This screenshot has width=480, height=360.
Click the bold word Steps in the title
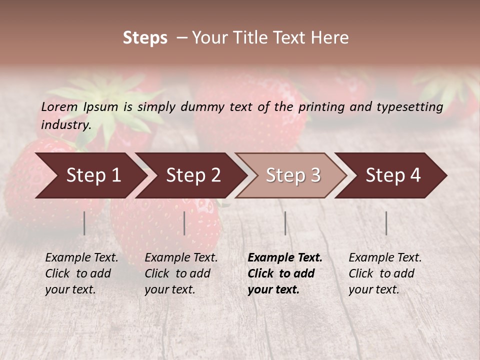tap(145, 38)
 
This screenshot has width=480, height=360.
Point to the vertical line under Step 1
tap(84, 223)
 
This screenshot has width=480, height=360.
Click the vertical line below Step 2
tap(184, 223)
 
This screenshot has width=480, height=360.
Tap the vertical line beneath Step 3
tap(285, 223)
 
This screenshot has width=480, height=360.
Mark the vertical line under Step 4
tap(386, 223)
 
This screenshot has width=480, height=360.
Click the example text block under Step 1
tap(81, 273)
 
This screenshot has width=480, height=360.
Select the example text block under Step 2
tap(181, 273)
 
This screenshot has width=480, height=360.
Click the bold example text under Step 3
tap(285, 273)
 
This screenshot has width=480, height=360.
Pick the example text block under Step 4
tap(385, 273)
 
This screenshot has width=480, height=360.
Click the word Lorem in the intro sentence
tap(59, 107)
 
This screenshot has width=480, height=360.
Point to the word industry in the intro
tap(65, 125)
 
